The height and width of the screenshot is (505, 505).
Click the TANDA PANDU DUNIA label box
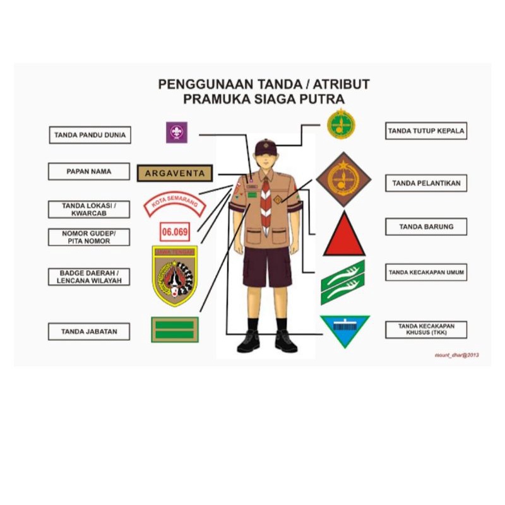click(90, 135)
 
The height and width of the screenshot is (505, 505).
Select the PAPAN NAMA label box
click(89, 172)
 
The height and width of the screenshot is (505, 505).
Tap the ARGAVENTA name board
click(175, 173)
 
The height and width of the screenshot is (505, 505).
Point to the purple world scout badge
click(177, 132)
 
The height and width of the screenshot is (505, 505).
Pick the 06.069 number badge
click(175, 232)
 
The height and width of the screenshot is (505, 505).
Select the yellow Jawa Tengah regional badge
click(175, 276)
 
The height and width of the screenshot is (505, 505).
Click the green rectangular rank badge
click(175, 330)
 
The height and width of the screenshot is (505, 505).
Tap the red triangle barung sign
click(344, 235)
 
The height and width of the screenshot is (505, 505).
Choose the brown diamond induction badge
click(343, 179)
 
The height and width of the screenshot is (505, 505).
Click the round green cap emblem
click(341, 124)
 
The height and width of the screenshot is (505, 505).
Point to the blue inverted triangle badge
click(344, 330)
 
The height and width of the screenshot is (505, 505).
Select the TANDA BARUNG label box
click(426, 227)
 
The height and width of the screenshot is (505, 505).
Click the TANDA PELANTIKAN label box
click(426, 184)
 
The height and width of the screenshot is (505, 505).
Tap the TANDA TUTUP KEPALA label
click(426, 131)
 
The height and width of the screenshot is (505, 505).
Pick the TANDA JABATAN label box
click(89, 331)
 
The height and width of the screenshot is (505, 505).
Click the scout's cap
click(266, 146)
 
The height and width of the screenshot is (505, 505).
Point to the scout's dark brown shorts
click(266, 266)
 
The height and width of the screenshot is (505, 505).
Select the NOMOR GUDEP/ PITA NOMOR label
click(89, 237)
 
